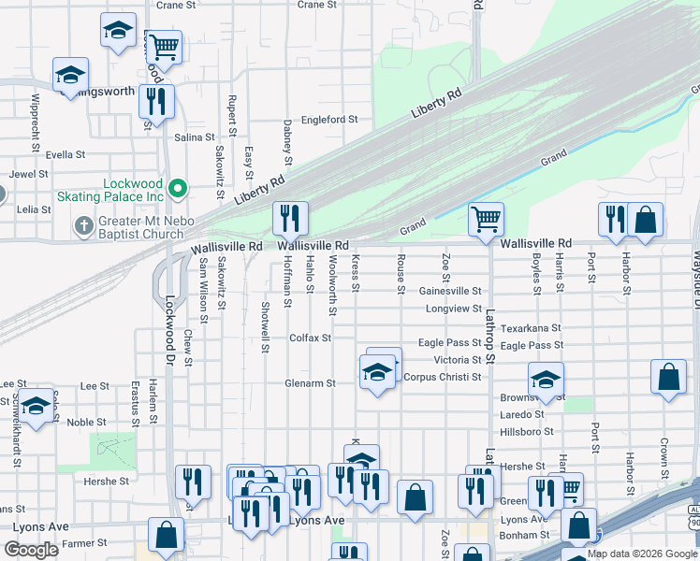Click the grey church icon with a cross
(x=83, y=225)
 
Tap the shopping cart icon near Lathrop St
(x=486, y=220)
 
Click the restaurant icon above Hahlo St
(x=290, y=219)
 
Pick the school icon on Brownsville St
(x=546, y=380)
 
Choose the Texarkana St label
(x=531, y=328)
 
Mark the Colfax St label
(x=310, y=338)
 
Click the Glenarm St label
(x=310, y=383)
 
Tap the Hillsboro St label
(x=527, y=431)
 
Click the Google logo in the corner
(x=31, y=550)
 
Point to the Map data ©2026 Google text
(x=642, y=554)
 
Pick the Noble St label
(x=86, y=422)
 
